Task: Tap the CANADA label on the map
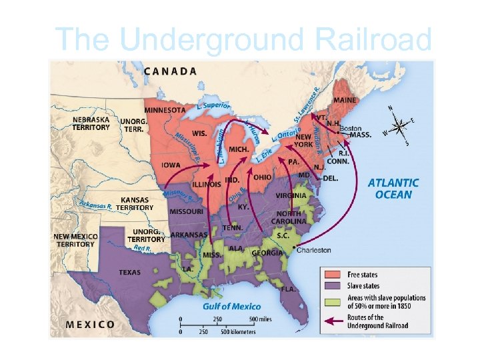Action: click(170, 71)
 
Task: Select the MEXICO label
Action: click(90, 325)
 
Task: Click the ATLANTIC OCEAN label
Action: click(393, 189)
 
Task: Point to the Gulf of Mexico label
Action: click(231, 306)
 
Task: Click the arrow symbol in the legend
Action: click(334, 321)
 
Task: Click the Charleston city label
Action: click(313, 250)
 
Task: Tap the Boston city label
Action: click(351, 128)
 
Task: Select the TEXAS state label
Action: click(129, 272)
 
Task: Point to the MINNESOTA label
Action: click(165, 110)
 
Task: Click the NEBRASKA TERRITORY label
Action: click(91, 123)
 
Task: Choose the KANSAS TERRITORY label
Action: click(135, 203)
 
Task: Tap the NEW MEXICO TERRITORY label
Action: click(75, 240)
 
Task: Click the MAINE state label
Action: click(345, 100)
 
